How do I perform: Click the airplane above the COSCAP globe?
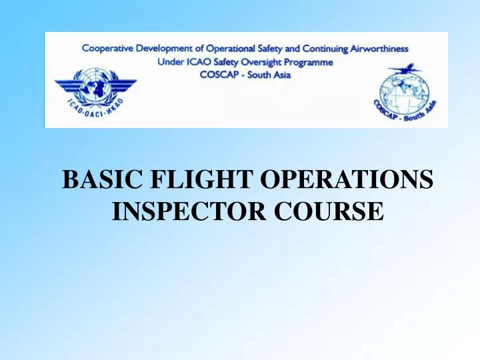click(x=405, y=69)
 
